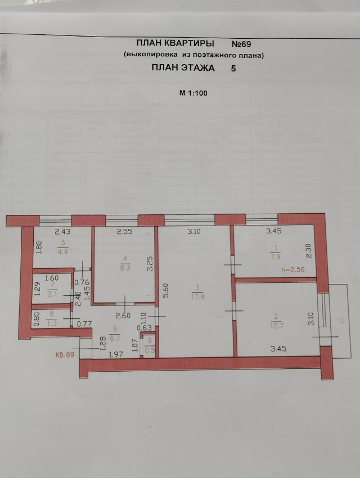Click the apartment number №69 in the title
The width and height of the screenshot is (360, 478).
[241, 44]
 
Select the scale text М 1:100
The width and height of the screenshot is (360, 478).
[193, 93]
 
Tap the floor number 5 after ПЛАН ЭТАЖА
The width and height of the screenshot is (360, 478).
[233, 68]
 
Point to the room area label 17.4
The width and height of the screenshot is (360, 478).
[197, 296]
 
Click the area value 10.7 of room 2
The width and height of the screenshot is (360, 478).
[277, 325]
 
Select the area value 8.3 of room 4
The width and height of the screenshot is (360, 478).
[125, 268]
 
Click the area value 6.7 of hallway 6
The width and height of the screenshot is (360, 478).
[115, 339]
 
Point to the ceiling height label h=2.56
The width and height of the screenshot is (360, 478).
[293, 269]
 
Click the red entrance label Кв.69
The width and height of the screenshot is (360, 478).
[65, 355]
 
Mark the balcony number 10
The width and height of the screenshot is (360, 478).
[341, 321]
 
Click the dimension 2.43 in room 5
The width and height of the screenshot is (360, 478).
[62, 232]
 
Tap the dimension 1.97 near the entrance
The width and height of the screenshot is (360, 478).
[116, 354]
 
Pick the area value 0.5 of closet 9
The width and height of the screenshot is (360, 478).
[150, 350]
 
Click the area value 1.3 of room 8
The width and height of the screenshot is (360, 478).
[52, 323]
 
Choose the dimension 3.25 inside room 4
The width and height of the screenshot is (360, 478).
[150, 263]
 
